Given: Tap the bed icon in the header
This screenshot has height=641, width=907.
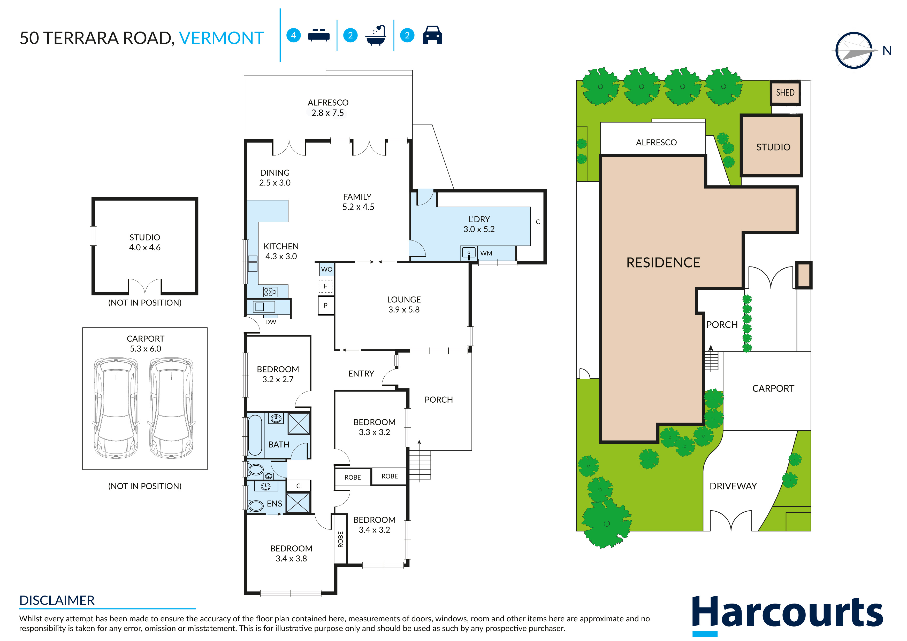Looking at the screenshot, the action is coord(318,35).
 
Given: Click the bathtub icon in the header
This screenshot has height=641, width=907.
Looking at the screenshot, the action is coord(376,35).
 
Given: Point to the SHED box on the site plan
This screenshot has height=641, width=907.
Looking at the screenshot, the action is coord(785,93).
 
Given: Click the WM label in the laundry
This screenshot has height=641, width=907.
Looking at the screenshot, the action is coord(486,253).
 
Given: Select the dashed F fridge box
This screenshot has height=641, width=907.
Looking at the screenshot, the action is coord(325,286).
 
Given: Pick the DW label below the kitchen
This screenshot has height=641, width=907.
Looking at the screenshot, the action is coord(271,322).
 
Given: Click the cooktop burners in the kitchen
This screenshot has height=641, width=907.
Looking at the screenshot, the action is coord(270,292).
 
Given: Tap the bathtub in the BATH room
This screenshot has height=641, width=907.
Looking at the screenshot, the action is coord(255,435).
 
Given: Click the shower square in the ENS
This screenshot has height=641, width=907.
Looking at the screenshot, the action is coord(298,503).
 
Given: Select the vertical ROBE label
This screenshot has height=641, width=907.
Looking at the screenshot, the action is coord(340,539).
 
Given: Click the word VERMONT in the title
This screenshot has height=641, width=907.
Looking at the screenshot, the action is coord(221,38).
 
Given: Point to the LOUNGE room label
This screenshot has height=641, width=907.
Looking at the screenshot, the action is coord(404,300).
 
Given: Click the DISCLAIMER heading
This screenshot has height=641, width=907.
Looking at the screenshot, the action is coord(57,600).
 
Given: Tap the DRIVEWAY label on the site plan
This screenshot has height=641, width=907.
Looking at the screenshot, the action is coord(733,486).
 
